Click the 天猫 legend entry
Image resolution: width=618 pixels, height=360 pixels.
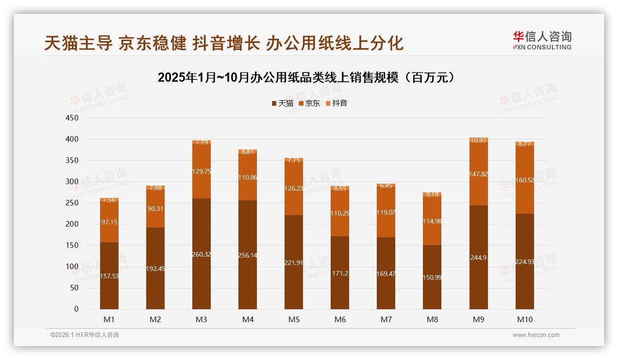coord(282,103)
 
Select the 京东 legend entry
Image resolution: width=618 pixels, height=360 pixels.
coord(309,103)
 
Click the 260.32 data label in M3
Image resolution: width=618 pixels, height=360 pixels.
coord(202,254)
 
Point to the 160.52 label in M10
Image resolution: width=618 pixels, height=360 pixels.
coord(524,180)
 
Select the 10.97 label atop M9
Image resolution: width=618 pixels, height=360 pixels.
coord(478,140)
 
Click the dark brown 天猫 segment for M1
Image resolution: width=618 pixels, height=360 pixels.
coord(109,286)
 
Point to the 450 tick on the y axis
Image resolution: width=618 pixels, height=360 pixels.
coord(72,118)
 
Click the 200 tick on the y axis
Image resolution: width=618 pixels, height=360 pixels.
coord(72,224)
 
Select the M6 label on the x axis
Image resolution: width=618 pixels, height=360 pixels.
coord(340,319)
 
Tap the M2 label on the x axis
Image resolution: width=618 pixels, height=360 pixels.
coord(155,319)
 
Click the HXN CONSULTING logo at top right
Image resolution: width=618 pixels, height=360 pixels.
coord(542,41)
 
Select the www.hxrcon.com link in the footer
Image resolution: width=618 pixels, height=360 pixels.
coord(536,335)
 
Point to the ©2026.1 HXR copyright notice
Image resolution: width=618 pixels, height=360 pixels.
coord(85,335)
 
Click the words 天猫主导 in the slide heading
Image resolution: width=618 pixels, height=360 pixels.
coord(78,43)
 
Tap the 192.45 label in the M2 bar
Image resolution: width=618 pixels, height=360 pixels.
coord(155,269)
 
